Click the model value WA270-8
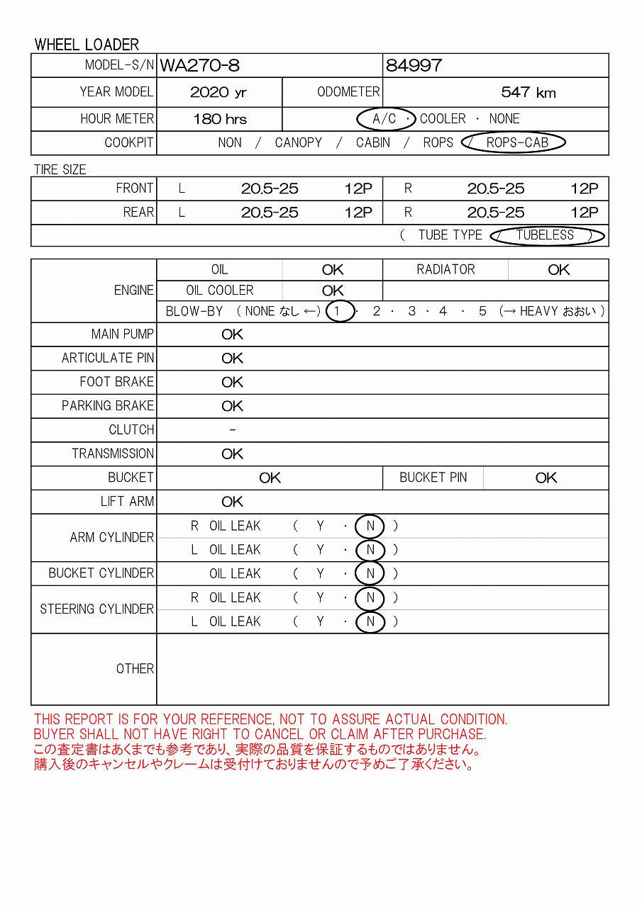[200, 66]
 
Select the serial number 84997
[414, 66]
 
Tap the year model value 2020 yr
[218, 92]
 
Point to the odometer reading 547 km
[528, 92]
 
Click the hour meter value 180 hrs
[220, 119]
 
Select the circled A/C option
[385, 118]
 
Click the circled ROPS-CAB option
[516, 142]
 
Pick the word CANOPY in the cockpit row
[298, 142]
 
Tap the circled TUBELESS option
[545, 235]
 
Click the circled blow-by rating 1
[340, 311]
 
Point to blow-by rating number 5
[482, 311]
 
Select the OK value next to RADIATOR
[558, 270]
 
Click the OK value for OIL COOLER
[332, 291]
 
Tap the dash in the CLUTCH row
[233, 430]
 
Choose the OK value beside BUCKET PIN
[546, 478]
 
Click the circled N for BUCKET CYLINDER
[370, 574]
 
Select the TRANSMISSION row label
[113, 453]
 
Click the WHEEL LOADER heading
[87, 45]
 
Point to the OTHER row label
[135, 669]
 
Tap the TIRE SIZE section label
[60, 170]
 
